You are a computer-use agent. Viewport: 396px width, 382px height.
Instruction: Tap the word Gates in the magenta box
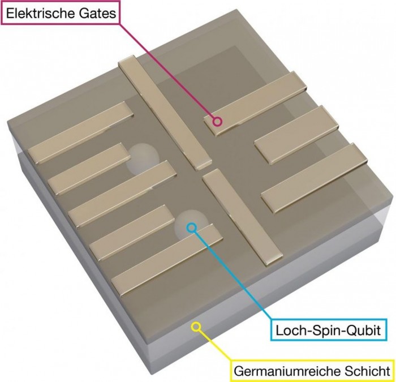tap(97, 14)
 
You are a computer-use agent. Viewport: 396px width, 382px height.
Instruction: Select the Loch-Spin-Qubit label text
tap(328, 330)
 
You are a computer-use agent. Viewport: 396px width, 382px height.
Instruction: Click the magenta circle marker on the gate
tap(217, 122)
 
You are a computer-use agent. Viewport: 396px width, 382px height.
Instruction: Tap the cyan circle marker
tap(191, 228)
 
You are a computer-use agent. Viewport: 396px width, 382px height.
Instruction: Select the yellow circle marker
tap(196, 326)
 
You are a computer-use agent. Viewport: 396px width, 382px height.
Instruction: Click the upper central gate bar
tap(165, 113)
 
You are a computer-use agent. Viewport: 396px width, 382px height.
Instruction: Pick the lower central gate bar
tap(242, 217)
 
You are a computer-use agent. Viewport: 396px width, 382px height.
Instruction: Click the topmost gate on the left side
tap(80, 132)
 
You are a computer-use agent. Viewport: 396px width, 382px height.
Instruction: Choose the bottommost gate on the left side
tap(167, 260)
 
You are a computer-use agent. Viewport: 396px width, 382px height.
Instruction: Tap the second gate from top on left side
tap(89, 169)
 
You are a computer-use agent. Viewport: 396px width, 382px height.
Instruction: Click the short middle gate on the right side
tap(296, 135)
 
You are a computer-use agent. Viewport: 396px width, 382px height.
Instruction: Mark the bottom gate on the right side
tap(314, 178)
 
